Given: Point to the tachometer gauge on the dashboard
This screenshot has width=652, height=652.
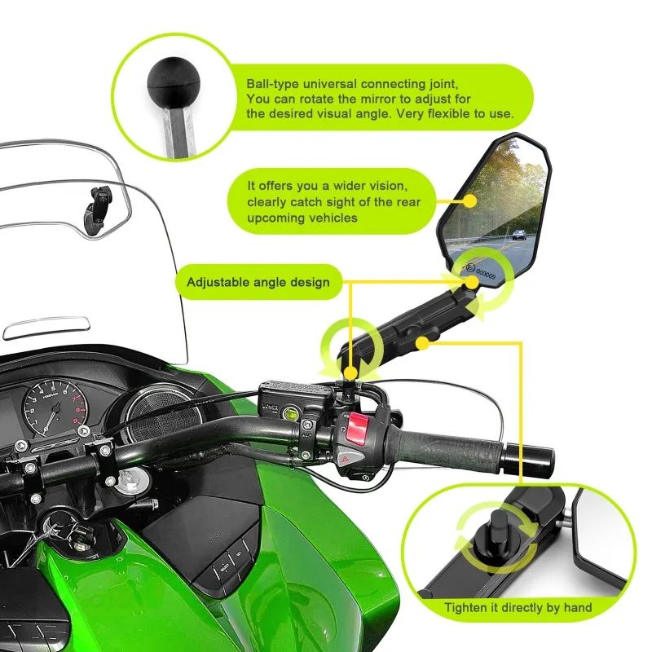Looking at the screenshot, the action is (x=54, y=407).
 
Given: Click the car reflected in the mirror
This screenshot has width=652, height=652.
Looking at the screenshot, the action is (x=518, y=235).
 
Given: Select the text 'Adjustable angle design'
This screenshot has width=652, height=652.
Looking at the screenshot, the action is (x=258, y=282).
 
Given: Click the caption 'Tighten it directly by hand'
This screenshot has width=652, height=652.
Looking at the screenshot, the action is (x=518, y=607).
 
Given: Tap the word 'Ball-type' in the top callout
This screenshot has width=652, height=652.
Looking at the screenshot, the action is (x=273, y=85).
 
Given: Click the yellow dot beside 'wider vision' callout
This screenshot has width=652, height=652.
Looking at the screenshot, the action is (x=470, y=201).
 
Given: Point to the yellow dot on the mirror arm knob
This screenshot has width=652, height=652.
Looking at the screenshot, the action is (x=422, y=343).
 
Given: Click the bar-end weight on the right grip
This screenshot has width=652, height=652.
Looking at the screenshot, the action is (x=528, y=460).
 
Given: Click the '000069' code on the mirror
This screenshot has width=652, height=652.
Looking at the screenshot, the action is (x=486, y=274).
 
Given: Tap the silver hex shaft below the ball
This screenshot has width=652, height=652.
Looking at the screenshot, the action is (x=180, y=131).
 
